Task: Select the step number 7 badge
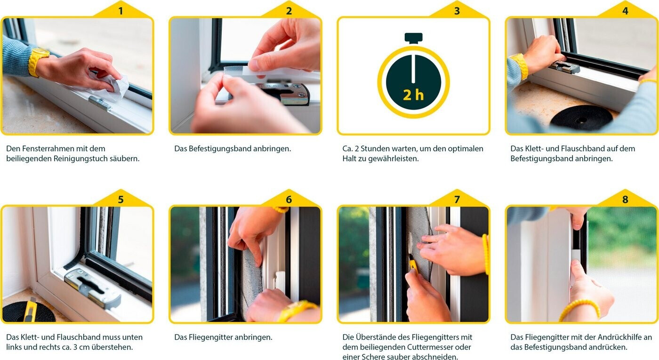(x=457, y=200)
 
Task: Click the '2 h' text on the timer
(x=413, y=95)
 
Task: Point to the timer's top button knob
(x=414, y=38)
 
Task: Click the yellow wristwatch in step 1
(x=38, y=62)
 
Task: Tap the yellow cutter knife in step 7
(x=413, y=264)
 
